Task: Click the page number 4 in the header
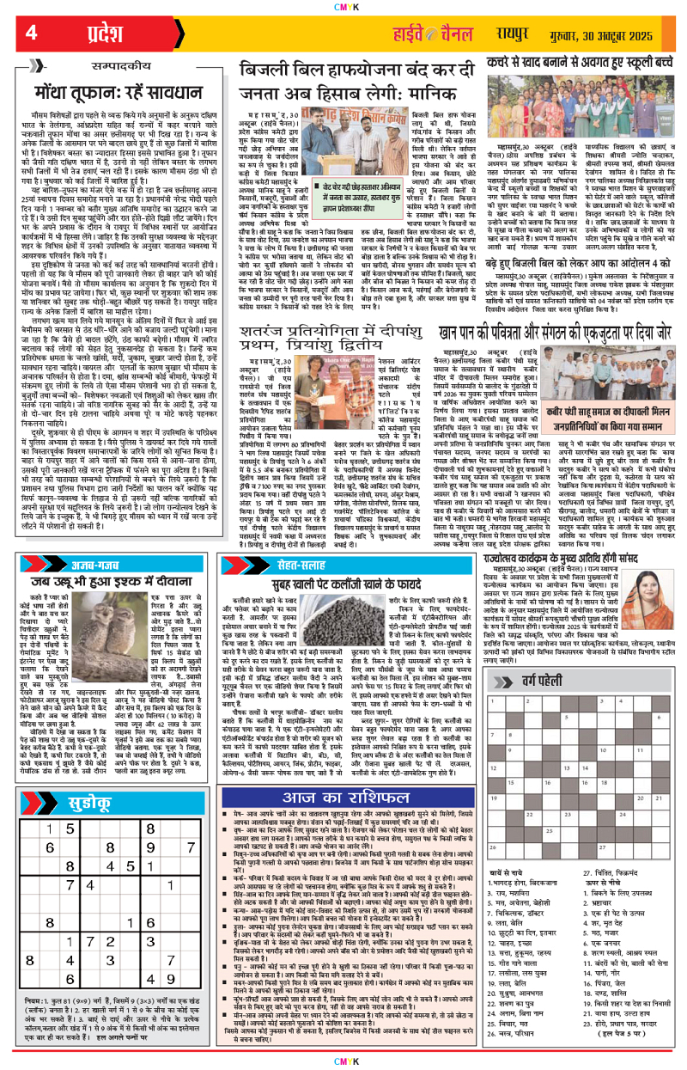click(x=31, y=33)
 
